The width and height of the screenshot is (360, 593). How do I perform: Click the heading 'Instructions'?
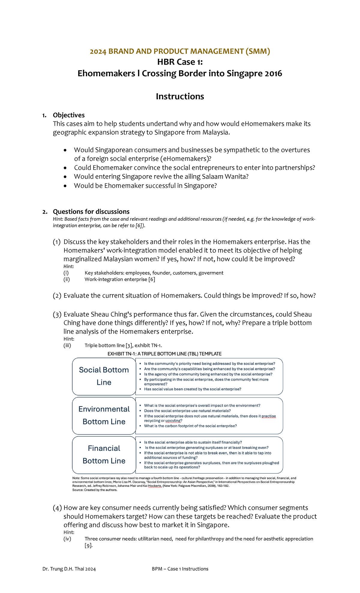[x=180, y=96]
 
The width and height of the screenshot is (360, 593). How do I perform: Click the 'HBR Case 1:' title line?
[x=180, y=62]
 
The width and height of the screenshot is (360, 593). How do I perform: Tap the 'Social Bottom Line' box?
[x=104, y=376]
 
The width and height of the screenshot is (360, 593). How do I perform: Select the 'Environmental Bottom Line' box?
[x=104, y=415]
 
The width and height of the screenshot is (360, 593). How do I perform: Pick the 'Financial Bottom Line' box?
[x=104, y=454]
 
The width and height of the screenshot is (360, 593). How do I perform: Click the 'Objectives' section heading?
[x=69, y=115]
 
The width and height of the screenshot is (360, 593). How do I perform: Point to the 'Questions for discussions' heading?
[x=91, y=212]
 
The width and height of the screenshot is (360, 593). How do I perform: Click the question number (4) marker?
[x=57, y=508]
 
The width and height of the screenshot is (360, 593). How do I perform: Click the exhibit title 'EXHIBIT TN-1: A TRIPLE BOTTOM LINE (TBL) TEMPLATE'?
[x=164, y=354]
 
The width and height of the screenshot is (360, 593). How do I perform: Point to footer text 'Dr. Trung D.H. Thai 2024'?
[x=69, y=569]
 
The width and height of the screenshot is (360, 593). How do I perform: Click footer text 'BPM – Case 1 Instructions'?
[x=180, y=569]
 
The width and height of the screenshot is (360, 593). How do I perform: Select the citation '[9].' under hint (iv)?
[x=88, y=546]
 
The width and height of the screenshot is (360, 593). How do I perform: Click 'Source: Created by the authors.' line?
[x=95, y=490]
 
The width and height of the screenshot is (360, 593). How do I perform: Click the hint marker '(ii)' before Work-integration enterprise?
[x=67, y=279]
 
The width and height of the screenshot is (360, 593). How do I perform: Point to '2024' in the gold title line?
[x=98, y=51]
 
